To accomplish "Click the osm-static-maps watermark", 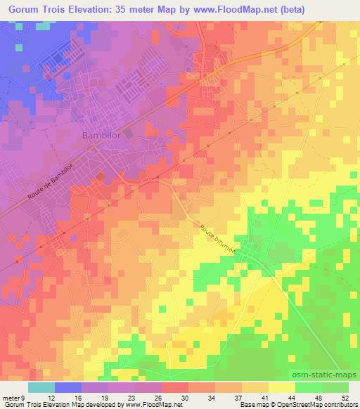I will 331,374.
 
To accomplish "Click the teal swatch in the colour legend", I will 41,387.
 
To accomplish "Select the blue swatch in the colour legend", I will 68,387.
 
